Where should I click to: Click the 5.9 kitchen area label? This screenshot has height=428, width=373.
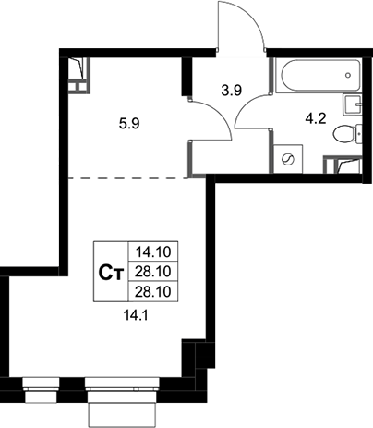tap(129, 124)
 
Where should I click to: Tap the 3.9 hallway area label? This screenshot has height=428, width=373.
tap(232, 91)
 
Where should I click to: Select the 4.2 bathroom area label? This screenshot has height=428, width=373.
tap(316, 118)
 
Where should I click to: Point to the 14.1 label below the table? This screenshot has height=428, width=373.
tap(136, 315)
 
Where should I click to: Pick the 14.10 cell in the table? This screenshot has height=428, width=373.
tap(153, 252)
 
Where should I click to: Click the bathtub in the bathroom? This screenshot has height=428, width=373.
tap(318, 75)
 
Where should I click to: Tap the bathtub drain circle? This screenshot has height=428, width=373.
tap(348, 75)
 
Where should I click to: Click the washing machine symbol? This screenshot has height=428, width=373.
tap(288, 159)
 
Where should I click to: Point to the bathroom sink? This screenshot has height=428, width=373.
tap(352, 104)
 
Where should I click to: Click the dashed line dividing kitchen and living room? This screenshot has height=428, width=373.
tap(128, 178)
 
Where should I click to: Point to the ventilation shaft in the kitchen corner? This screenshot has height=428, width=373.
tap(78, 75)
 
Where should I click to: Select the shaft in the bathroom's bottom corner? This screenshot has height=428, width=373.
tap(343, 165)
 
